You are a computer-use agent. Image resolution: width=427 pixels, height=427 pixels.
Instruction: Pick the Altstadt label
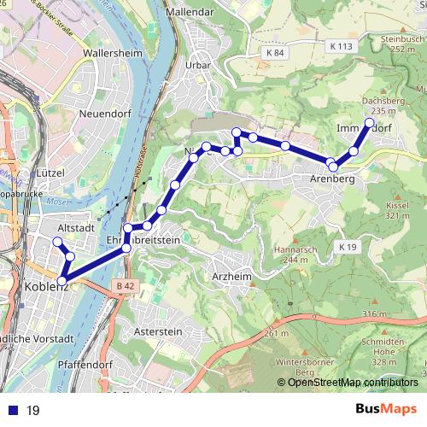[x=75, y=230]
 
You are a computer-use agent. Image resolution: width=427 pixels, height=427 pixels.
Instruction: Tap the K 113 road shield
[x=339, y=46]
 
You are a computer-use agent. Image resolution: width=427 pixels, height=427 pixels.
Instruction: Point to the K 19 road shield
[x=345, y=247]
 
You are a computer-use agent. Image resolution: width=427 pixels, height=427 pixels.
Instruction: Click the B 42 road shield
[x=126, y=285]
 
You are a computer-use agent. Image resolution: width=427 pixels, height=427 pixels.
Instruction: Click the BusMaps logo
[x=385, y=410]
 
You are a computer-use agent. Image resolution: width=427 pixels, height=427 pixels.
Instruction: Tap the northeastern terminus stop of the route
[x=369, y=123]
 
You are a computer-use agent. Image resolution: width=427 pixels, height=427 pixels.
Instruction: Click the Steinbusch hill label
[x=403, y=38]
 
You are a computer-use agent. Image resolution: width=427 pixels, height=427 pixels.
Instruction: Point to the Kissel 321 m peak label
[x=397, y=210]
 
